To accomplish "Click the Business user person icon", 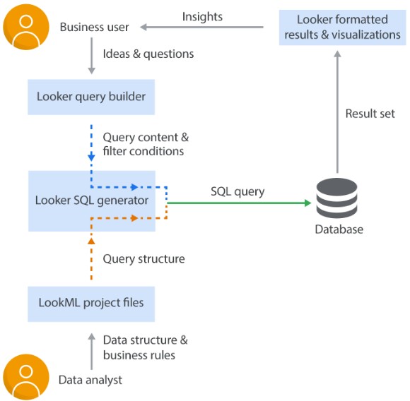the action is pos(26,27).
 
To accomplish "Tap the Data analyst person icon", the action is pos(26,377).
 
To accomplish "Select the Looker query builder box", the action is pos(91,97).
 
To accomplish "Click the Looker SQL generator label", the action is pos(92,200).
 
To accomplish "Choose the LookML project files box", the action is pos(91,304).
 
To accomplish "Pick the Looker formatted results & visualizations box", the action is pos(342,28).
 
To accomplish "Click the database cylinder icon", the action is pos(336,198).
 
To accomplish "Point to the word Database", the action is pos(339,229).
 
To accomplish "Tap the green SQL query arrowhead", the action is pos(307,203).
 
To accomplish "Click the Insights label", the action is pos(202,17).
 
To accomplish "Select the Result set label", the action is pos(370,114).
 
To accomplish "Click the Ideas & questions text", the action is pos(148,54).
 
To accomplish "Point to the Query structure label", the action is pos(143,259).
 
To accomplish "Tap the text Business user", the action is pos(95,27).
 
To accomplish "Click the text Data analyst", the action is pos(90,380).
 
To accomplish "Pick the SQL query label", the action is pos(238,191).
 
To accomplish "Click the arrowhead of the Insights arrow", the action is pos(143,27).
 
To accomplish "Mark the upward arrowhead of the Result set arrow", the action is pos(338,54).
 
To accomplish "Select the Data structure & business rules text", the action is pos(146,347).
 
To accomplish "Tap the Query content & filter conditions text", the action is pos(146,144).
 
